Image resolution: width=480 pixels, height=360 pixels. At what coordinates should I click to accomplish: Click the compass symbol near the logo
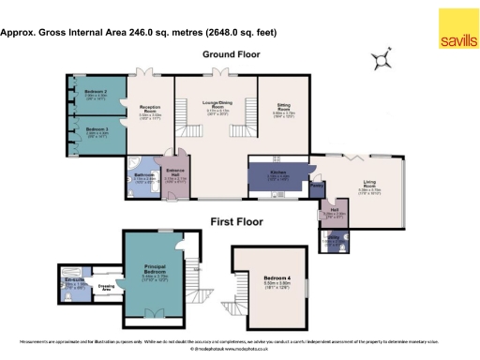[380, 61]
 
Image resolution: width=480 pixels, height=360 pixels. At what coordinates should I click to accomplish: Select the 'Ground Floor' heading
[231, 54]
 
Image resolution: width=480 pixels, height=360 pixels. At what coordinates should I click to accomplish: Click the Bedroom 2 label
[97, 92]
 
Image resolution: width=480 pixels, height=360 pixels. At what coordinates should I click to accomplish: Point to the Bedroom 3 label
[97, 129]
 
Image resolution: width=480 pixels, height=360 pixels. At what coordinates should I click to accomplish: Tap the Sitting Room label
[284, 108]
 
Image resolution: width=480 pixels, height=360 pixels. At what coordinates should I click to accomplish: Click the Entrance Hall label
[173, 172]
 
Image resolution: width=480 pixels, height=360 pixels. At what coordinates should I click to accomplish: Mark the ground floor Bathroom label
[143, 174]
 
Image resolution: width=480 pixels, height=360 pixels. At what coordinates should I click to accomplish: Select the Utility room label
[332, 238]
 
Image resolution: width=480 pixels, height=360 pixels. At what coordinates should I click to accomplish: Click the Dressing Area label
[108, 289]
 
